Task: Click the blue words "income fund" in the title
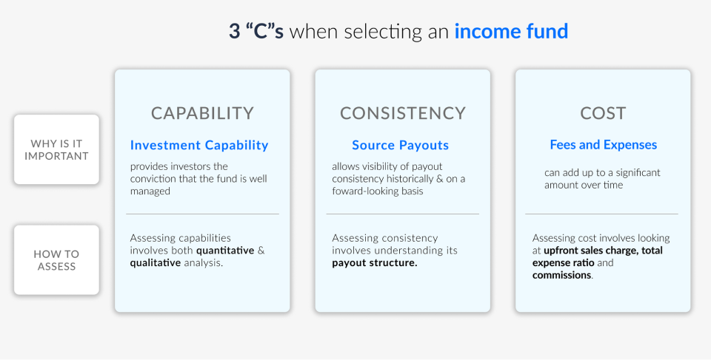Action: [511, 32]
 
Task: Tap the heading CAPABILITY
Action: [202, 113]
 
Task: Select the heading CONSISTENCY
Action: [403, 113]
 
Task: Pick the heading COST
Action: [603, 113]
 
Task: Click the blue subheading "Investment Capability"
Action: [199, 145]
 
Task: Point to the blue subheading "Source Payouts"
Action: [400, 145]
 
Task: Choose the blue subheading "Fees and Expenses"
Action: [603, 145]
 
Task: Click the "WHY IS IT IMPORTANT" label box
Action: [56, 149]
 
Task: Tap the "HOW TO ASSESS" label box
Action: [56, 259]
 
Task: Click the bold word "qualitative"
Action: [156, 262]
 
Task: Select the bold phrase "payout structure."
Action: [375, 262]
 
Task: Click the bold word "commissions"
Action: [561, 275]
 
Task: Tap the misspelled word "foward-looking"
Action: [363, 191]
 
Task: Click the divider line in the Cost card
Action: [601, 214]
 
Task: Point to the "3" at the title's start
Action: [234, 32]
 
